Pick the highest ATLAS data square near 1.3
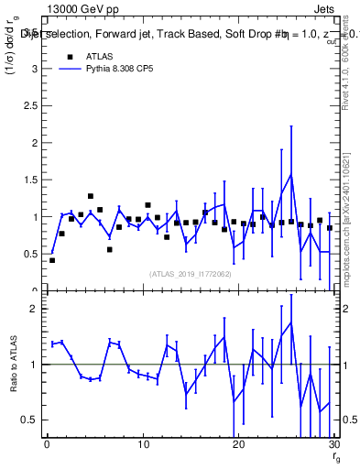click(x=91, y=196)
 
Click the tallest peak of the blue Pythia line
click(x=290, y=174)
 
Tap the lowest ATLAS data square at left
click(x=52, y=260)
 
